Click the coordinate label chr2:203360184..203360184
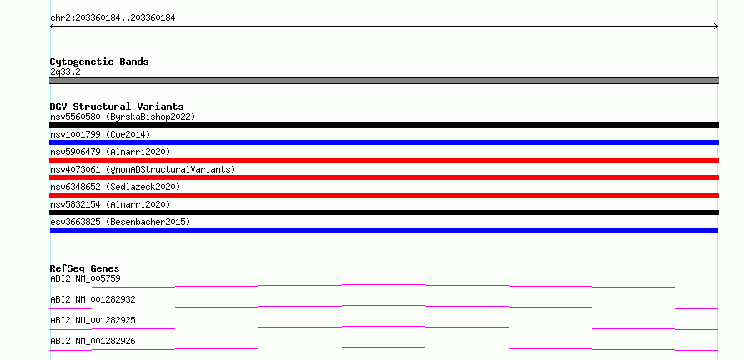click(113, 18)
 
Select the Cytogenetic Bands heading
click(99, 62)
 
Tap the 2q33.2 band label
click(65, 72)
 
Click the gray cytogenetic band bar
click(384, 81)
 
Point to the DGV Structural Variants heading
click(117, 107)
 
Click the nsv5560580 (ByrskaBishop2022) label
click(123, 117)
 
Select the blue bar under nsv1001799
click(384, 142)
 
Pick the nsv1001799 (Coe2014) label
click(100, 134)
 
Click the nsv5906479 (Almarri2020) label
click(110, 152)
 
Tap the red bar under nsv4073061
click(384, 177)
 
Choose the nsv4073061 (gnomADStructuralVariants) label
click(143, 169)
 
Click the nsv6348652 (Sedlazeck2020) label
click(115, 187)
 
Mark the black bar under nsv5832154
click(384, 212)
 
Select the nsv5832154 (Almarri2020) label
click(110, 204)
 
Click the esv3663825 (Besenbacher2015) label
click(120, 222)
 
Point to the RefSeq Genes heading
click(85, 268)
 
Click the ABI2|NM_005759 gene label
click(85, 278)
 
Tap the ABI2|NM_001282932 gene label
click(93, 299)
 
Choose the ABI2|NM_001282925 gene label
click(93, 320)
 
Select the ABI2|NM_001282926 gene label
click(93, 341)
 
